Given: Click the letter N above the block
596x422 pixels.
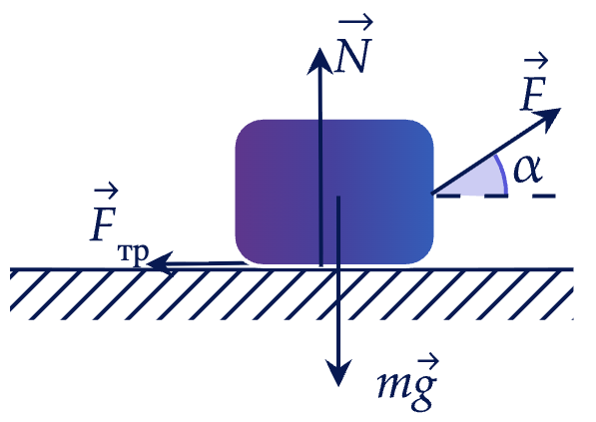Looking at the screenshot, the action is pyautogui.click(x=352, y=55).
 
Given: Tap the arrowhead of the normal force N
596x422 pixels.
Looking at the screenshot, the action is pyautogui.click(x=320, y=60).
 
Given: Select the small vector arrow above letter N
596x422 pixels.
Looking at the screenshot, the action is pyautogui.click(x=355, y=22).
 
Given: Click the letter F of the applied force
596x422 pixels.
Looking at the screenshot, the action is pyautogui.click(x=533, y=93).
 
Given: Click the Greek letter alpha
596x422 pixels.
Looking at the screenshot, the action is pyautogui.click(x=527, y=169).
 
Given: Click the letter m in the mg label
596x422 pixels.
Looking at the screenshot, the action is pyautogui.click(x=393, y=384).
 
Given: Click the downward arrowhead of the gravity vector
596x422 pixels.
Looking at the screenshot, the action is pyautogui.click(x=338, y=372).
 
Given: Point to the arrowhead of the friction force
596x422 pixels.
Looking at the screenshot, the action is pyautogui.click(x=161, y=262).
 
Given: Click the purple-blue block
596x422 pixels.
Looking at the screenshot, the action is pyautogui.click(x=334, y=192).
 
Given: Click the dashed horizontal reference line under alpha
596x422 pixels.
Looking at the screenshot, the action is pyautogui.click(x=496, y=196).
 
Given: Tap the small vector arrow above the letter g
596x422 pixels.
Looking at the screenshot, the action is pyautogui.click(x=428, y=360).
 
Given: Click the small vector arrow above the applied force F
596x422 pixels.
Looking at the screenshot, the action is pyautogui.click(x=536, y=61).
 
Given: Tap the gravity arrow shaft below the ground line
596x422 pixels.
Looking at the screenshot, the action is pyautogui.click(x=338, y=315).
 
